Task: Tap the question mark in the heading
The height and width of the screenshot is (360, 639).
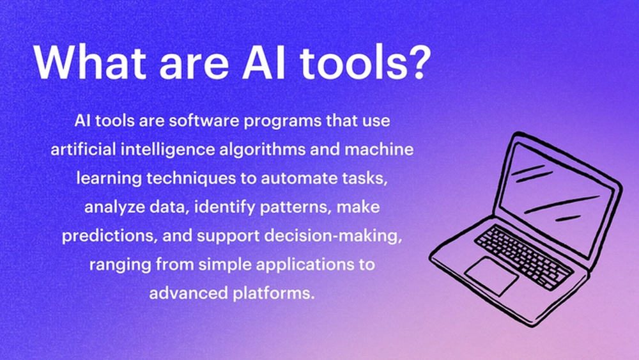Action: coord(418,61)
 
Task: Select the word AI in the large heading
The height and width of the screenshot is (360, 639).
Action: coord(264,61)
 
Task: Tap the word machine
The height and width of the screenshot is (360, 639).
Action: coord(379,149)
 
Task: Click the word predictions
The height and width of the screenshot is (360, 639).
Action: coord(110,237)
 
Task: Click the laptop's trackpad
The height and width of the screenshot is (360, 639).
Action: coord(492,276)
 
